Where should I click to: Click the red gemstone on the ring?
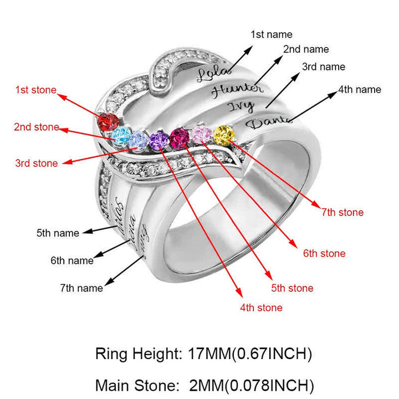(x=108, y=120)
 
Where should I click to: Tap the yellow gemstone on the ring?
(x=223, y=134)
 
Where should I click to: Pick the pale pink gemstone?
(x=202, y=134)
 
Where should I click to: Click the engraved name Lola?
(x=208, y=73)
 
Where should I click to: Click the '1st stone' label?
(x=35, y=90)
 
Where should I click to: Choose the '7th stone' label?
(x=342, y=212)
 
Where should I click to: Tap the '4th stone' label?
(x=261, y=308)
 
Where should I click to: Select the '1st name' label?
(x=272, y=34)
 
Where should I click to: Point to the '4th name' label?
(x=360, y=89)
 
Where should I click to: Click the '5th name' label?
(x=58, y=233)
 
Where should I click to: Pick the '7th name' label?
(x=81, y=288)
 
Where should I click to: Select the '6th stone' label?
(x=324, y=253)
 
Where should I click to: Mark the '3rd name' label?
(x=324, y=67)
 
